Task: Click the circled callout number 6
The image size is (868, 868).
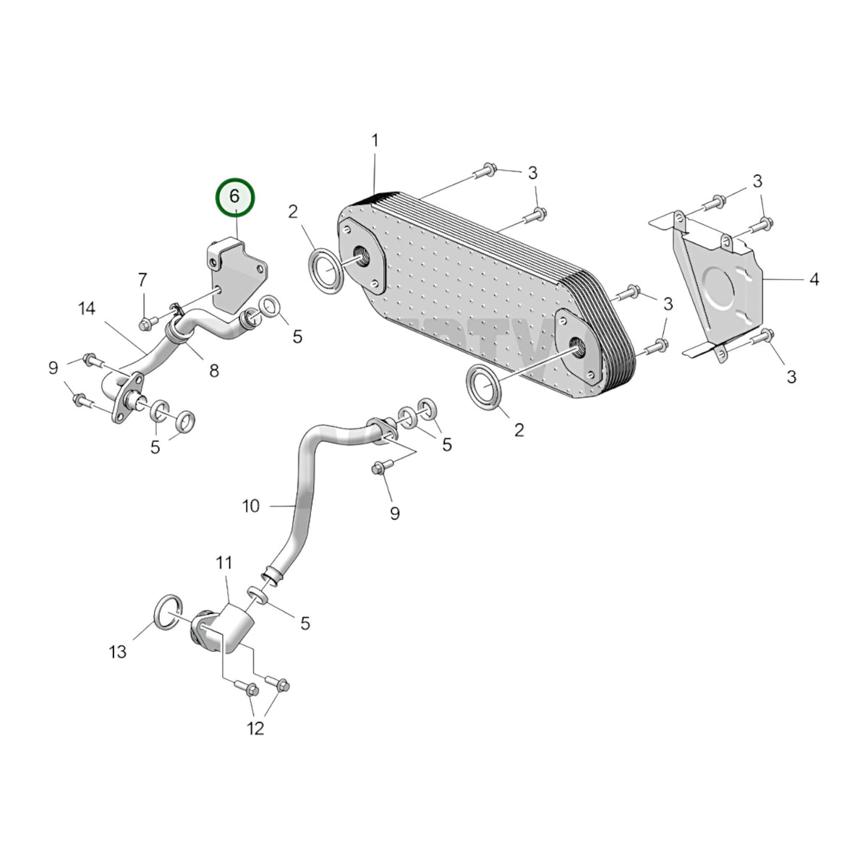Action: [234, 197]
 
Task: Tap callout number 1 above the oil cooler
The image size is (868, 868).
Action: [375, 140]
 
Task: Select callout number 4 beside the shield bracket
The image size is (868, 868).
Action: [814, 279]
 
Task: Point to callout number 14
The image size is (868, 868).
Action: [87, 309]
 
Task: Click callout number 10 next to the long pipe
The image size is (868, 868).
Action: [251, 506]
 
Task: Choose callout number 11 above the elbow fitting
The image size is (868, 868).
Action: [224, 563]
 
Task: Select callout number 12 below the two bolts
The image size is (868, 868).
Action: [255, 728]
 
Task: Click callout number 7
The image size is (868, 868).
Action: [142, 280]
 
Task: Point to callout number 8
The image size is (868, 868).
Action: [214, 371]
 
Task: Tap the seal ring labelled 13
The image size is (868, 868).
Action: [169, 611]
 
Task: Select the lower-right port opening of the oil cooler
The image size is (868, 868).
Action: [579, 347]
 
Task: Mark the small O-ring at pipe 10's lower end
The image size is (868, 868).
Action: [258, 595]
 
